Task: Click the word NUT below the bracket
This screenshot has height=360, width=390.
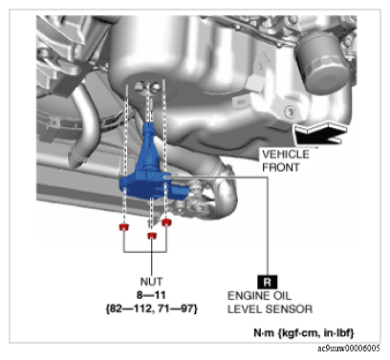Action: point(152,282)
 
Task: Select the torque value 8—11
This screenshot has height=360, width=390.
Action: point(151,295)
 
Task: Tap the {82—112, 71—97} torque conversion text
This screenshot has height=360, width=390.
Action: point(152,308)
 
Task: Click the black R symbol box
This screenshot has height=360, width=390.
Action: point(267,282)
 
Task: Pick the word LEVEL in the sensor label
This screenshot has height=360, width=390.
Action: point(245,309)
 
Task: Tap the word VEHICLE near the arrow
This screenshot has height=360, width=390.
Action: point(286,155)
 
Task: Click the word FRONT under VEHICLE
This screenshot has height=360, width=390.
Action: point(281,167)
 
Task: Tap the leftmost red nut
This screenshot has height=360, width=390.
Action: point(124,227)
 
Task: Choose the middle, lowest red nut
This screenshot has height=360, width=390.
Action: point(152,236)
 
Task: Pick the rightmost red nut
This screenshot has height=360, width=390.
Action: point(166,222)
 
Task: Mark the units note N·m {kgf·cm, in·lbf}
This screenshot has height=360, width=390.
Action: point(304,333)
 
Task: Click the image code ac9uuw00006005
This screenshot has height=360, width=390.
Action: point(349,349)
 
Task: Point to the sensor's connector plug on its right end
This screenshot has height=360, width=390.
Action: point(195,191)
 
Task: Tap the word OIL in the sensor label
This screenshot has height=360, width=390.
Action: point(282,296)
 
